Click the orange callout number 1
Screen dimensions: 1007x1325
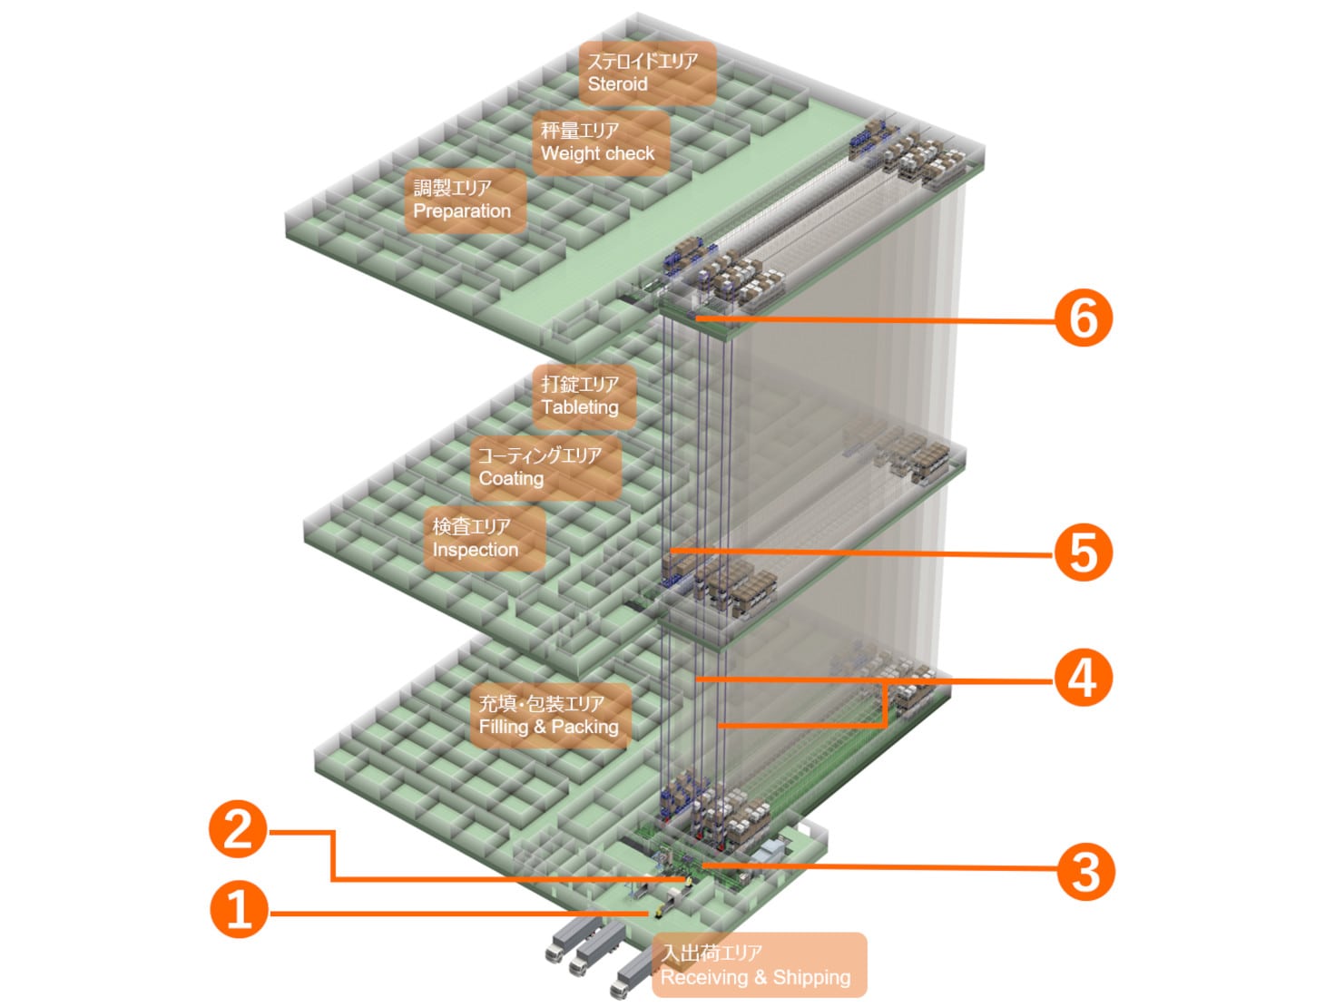[x=239, y=910]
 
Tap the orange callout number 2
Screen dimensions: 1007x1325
[x=238, y=829]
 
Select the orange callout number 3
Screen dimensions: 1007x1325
[x=1085, y=872]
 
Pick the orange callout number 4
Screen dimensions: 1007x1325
[x=1083, y=678]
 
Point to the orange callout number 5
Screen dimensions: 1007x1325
[x=1083, y=552]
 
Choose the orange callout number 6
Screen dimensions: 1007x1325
[x=1083, y=318]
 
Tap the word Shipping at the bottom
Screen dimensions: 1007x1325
[x=811, y=978]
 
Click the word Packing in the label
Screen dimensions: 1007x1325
[x=584, y=728]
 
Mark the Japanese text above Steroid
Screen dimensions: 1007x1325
[x=643, y=61]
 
